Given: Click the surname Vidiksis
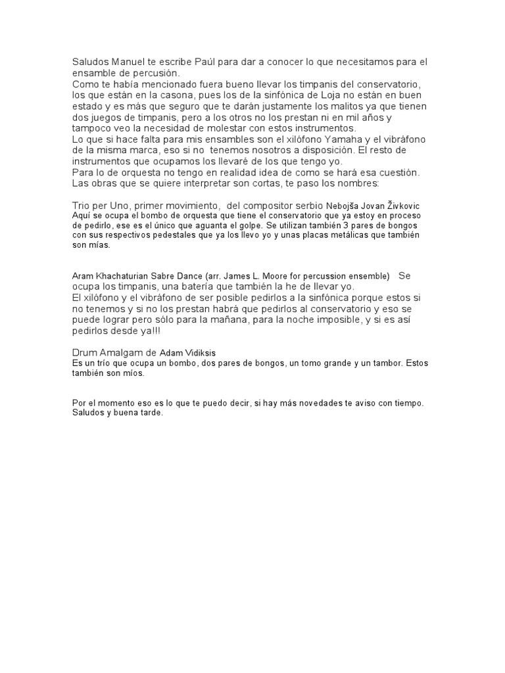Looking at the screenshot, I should click(217, 352).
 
